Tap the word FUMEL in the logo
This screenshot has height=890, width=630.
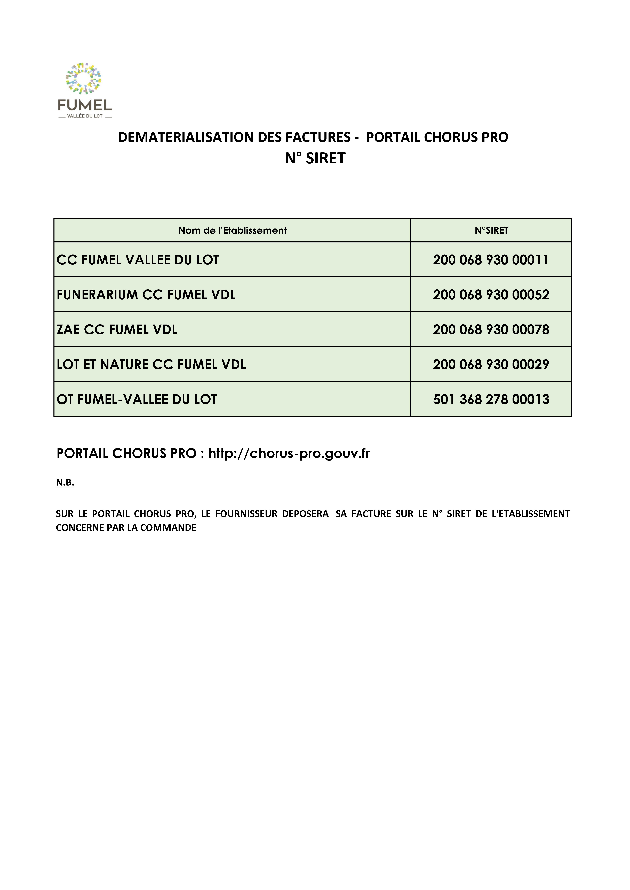tap(85, 105)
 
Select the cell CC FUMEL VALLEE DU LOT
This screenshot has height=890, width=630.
tap(138, 260)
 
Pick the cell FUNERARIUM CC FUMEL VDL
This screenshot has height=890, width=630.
tap(146, 295)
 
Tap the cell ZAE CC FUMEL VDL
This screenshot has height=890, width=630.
tap(117, 329)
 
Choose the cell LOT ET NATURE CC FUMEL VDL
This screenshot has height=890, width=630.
tap(151, 364)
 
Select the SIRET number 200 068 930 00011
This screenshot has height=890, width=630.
tap(491, 260)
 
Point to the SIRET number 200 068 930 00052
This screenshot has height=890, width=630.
tap(491, 295)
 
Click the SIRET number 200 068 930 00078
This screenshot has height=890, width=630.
tap(491, 329)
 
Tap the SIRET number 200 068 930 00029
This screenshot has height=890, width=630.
tap(491, 364)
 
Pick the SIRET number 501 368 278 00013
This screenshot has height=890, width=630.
tap(491, 399)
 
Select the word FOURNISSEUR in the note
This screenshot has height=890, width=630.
tap(244, 514)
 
